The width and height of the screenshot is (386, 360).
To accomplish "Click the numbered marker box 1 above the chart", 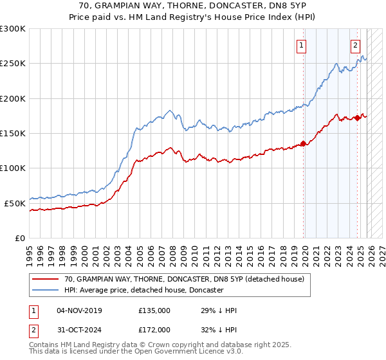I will point(302,45).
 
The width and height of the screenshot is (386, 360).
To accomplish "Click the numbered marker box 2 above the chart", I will point(355,45).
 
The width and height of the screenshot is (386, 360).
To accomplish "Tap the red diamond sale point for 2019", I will point(304,144).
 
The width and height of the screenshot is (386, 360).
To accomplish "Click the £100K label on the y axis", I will point(13,168).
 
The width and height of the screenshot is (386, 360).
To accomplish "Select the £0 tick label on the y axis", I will point(19,238).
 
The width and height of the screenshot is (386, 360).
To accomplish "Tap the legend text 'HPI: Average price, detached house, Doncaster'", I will point(143,290).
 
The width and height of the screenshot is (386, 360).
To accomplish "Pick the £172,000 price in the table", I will point(154,329).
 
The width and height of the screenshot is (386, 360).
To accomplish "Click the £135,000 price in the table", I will point(154,310).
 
